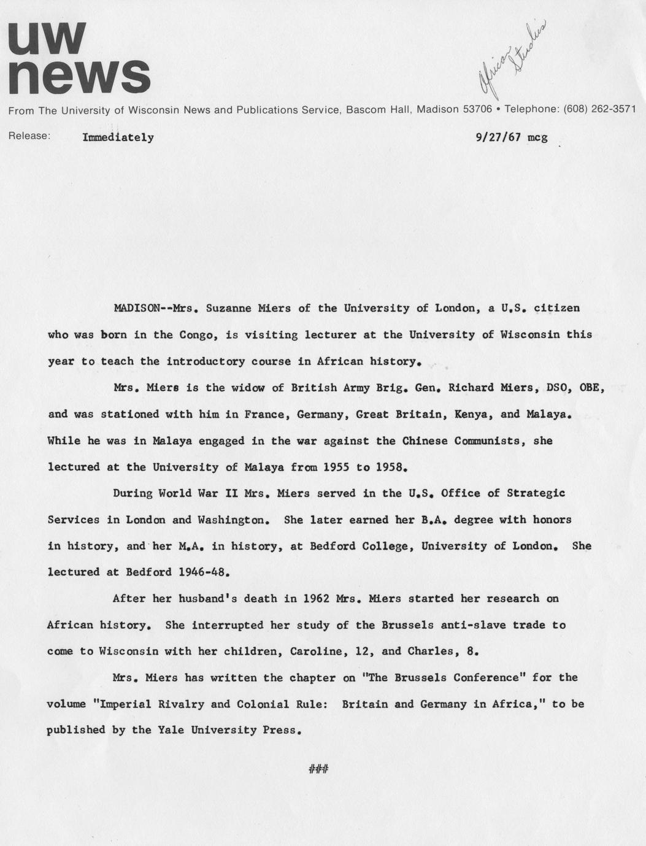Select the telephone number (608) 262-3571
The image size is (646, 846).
click(x=596, y=109)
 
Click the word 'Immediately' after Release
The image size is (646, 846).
click(x=118, y=137)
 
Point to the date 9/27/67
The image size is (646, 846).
click(x=498, y=137)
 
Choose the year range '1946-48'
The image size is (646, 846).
click(x=203, y=572)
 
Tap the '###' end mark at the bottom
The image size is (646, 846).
click(x=319, y=768)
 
